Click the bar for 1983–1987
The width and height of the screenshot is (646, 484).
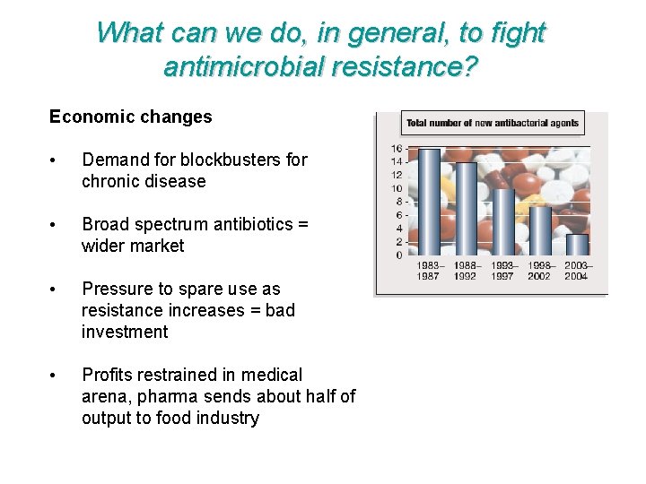(429, 202)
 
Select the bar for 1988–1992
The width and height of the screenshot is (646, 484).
(466, 208)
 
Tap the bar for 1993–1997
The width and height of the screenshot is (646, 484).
(503, 221)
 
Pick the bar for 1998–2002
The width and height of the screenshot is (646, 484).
(540, 230)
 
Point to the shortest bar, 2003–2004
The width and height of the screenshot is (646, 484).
(577, 244)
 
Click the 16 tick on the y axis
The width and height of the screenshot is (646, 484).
(396, 148)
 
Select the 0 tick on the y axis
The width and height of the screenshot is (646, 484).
(398, 255)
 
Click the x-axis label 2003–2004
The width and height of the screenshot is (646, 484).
(578, 271)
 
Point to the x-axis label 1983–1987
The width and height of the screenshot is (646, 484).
(429, 271)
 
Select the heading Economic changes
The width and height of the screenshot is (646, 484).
(131, 117)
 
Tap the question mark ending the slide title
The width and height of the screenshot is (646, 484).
(468, 65)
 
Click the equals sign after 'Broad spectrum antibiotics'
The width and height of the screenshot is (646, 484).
(302, 224)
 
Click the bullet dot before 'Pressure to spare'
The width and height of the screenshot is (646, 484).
(55, 290)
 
